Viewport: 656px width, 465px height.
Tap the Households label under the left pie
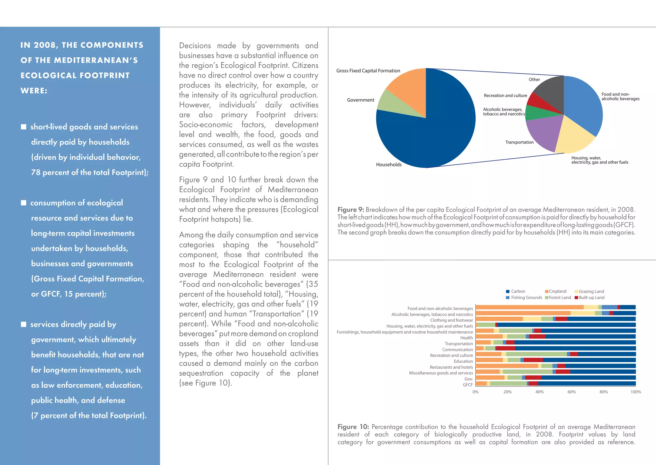coord(389,164)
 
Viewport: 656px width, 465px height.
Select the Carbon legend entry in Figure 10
coord(515,291)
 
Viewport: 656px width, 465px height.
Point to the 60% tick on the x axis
coord(571,392)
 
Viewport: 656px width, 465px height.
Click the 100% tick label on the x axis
coord(635,392)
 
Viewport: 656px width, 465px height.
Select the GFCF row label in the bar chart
coord(468,385)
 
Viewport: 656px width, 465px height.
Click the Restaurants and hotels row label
coord(451,367)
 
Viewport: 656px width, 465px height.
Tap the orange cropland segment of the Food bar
coord(529,307)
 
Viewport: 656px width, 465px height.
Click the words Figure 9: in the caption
coord(350,210)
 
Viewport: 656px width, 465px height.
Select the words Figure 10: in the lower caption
coord(353,427)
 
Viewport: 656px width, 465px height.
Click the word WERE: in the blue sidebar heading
coord(34,91)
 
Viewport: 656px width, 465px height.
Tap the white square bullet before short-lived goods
coord(23,127)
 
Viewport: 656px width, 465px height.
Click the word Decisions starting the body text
coord(195,46)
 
